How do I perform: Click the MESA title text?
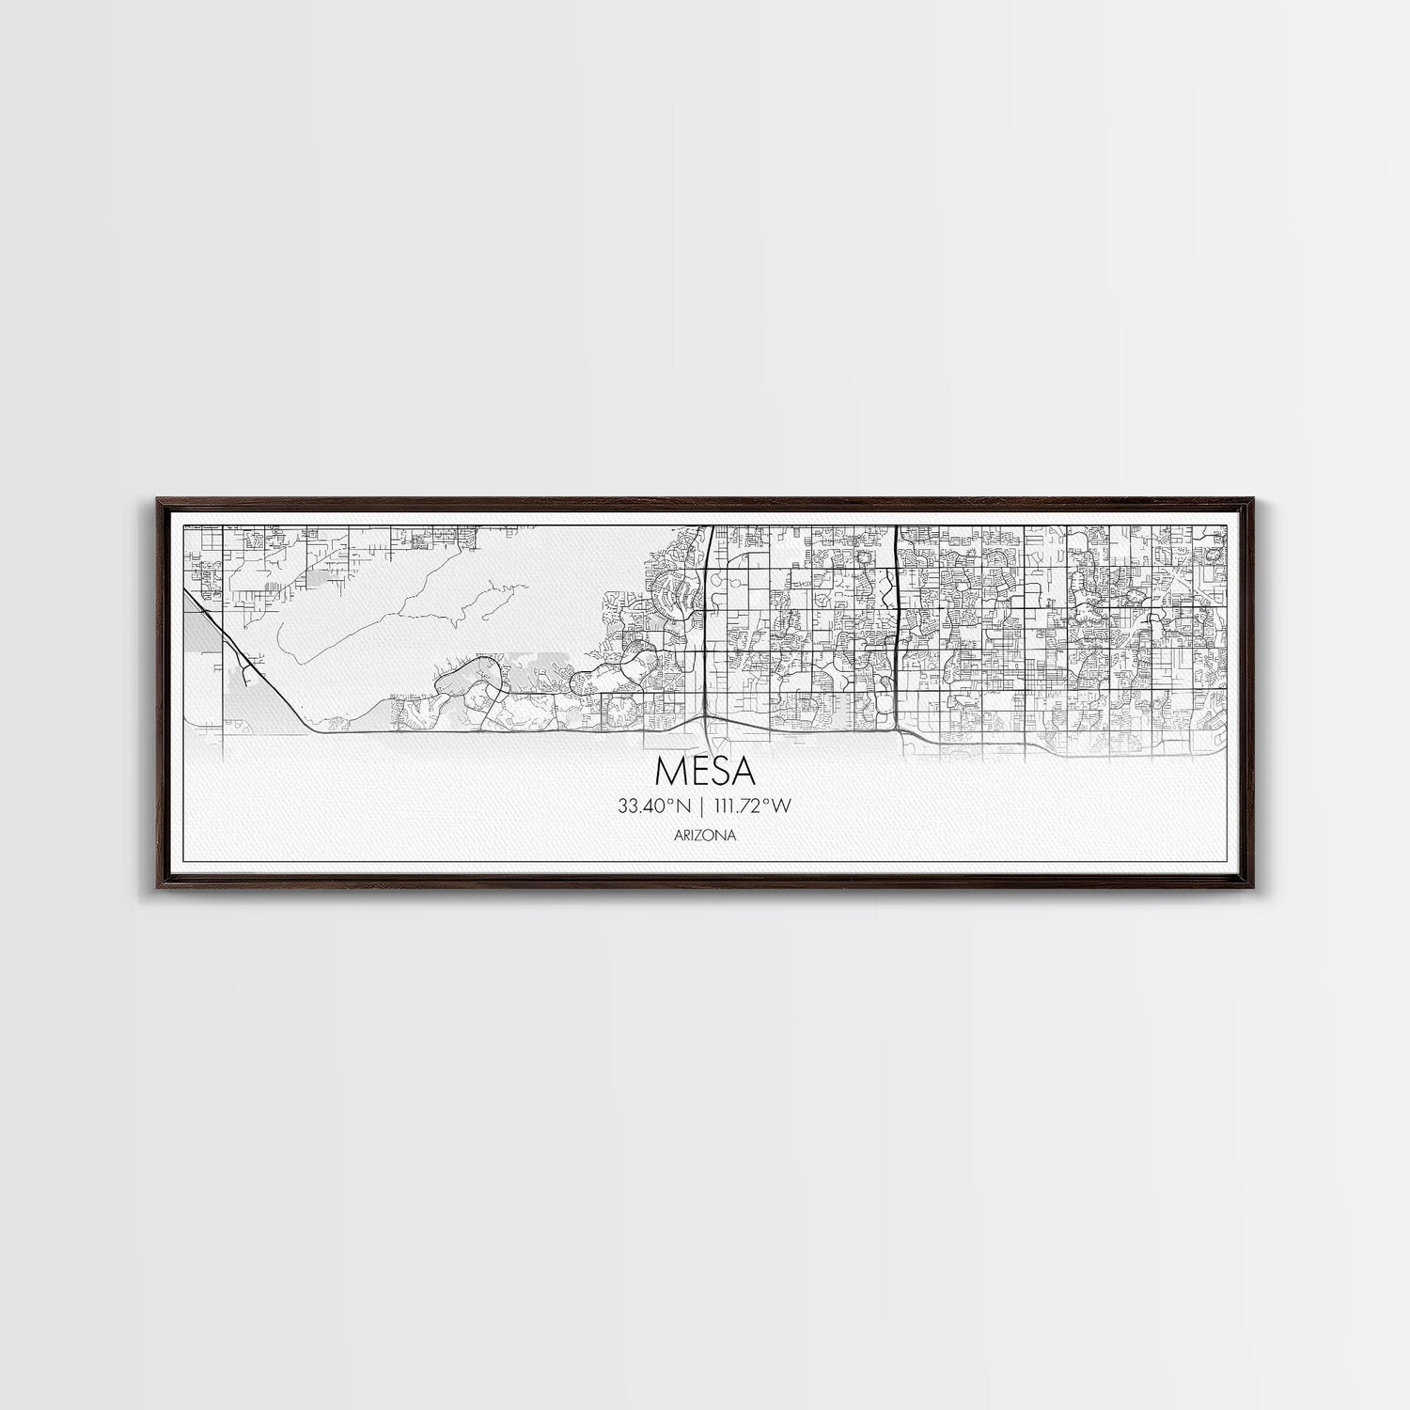pos(705,771)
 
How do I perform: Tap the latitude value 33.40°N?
pos(650,805)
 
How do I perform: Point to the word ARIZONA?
pos(705,834)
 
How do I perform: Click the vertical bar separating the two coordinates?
pos(702,805)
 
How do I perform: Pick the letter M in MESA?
pos(669,771)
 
